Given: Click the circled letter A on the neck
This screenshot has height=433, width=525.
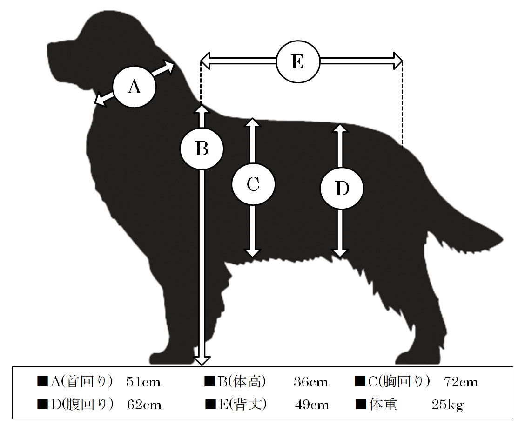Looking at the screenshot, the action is pyautogui.click(x=134, y=87).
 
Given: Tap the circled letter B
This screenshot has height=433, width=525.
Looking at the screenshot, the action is pyautogui.click(x=202, y=149).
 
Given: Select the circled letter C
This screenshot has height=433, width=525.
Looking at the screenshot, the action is pyautogui.click(x=253, y=184).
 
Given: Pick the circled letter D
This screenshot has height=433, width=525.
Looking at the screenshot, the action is pyautogui.click(x=342, y=188).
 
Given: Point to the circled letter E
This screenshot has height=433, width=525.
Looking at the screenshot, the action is pyautogui.click(x=298, y=61).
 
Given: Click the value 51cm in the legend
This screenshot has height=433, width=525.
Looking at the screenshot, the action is pyautogui.click(x=143, y=382).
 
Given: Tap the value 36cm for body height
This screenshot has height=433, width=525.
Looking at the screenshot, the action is pyautogui.click(x=311, y=382).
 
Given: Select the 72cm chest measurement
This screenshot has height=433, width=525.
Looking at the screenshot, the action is pyautogui.click(x=461, y=382).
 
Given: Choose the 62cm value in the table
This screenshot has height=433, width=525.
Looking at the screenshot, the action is pyautogui.click(x=144, y=405).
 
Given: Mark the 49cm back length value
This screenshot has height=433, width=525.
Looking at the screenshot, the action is pyautogui.click(x=312, y=405).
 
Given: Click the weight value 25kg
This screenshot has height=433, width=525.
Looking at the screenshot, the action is pyautogui.click(x=447, y=405).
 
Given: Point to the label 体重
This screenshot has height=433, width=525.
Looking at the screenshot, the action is pyautogui.click(x=383, y=405).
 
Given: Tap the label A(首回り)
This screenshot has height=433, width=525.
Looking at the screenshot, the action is pyautogui.click(x=82, y=382).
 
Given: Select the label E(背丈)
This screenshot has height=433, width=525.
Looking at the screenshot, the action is pyautogui.click(x=243, y=405).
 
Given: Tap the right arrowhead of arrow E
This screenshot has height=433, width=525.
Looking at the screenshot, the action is pyautogui.click(x=398, y=61).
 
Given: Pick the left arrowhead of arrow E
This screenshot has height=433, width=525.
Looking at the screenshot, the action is pyautogui.click(x=205, y=61).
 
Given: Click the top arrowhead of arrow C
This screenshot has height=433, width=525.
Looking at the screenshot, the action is pyautogui.click(x=253, y=122).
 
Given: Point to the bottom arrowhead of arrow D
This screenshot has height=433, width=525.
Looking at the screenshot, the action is pyautogui.click(x=340, y=253).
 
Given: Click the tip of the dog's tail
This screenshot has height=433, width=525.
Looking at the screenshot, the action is pyautogui.click(x=503, y=240).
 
